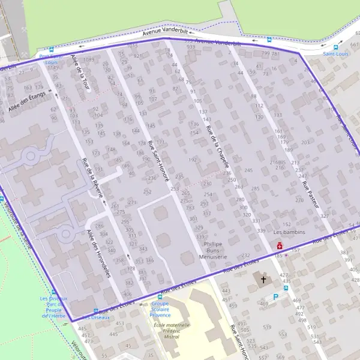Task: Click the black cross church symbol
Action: (x=262, y=278)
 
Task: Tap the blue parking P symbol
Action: (x=275, y=297)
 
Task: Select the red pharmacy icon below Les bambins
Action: (x=280, y=246)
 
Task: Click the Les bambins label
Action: (x=290, y=232)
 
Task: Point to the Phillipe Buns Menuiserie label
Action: (x=213, y=250)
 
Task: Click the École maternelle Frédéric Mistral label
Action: (x=172, y=331)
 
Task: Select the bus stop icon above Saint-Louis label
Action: (x=335, y=47)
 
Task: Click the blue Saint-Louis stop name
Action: (x=335, y=54)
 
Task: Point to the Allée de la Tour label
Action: (x=79, y=72)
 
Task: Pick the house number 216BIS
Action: (x=277, y=162)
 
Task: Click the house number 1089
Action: (x=89, y=60)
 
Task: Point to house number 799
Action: (x=265, y=53)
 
